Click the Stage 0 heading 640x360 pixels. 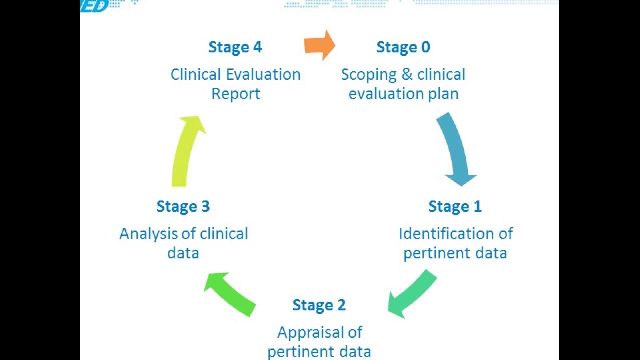pyautogui.click(x=403, y=47)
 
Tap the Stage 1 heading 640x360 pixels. pyautogui.click(x=455, y=206)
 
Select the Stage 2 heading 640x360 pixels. pyautogui.click(x=319, y=305)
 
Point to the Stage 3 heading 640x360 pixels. pyautogui.click(x=183, y=206)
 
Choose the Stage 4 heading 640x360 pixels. pyautogui.click(x=235, y=47)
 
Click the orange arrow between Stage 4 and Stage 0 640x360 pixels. pyautogui.click(x=320, y=45)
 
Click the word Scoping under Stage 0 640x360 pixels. pyautogui.click(x=369, y=75)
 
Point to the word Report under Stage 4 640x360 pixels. pyautogui.click(x=235, y=94)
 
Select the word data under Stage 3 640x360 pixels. pyautogui.click(x=183, y=253)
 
